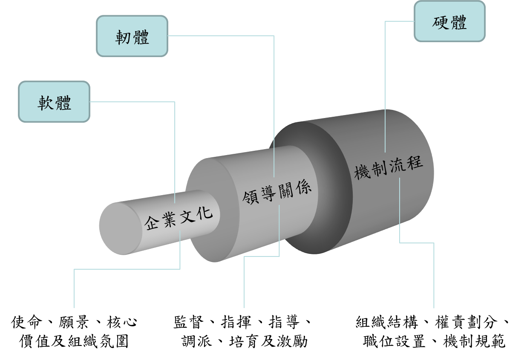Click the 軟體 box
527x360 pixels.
coord(54,102)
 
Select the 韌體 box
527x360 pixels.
coord(132,36)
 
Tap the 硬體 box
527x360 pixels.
coord(449,21)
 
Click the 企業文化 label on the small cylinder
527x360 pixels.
coord(179,219)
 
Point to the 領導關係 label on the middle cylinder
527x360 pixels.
coord(277,193)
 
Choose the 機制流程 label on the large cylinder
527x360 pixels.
coord(389,167)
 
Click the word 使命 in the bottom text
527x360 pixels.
coord(27,322)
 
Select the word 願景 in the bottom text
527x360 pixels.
coord(74,322)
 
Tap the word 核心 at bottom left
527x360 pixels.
coord(122,322)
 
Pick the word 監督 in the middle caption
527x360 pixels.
coord(189,322)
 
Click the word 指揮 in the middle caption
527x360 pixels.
coord(236,322)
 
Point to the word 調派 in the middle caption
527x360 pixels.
coord(197,341)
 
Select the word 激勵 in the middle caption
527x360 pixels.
coord(292,341)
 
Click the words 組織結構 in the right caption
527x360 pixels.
coord(387,322)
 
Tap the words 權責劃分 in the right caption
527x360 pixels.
coord(467,322)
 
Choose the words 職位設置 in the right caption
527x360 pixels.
coord(395,341)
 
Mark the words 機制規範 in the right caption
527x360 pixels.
coord(474,341)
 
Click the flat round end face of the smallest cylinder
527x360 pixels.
coord(121,229)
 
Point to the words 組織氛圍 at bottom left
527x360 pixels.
coord(98,341)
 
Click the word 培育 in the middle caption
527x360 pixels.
coord(245,341)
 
